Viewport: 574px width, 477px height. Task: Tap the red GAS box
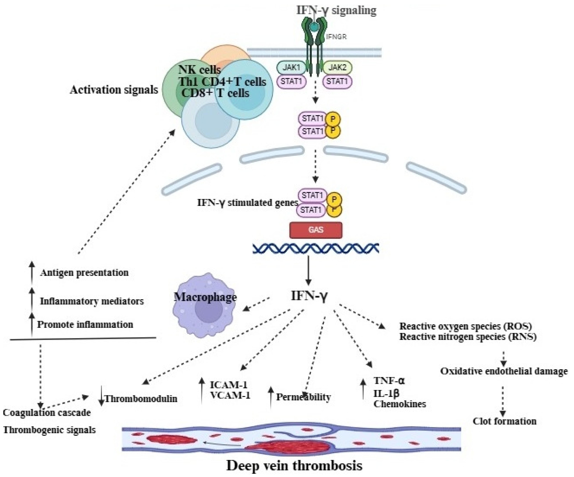tap(316, 230)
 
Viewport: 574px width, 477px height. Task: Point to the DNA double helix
tap(316, 248)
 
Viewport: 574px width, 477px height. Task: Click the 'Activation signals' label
tap(114, 90)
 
